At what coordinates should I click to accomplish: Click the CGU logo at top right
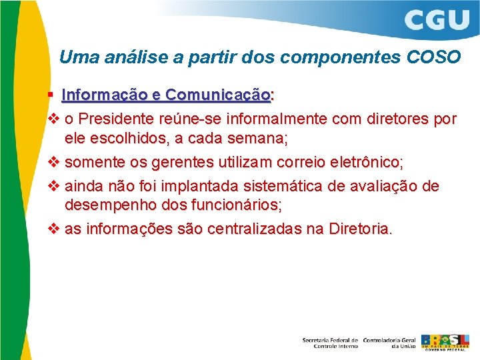point(437,19)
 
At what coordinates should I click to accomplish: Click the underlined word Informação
point(103,96)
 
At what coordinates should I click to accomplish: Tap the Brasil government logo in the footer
point(445,341)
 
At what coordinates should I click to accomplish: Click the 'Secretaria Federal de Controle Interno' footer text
point(330,342)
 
